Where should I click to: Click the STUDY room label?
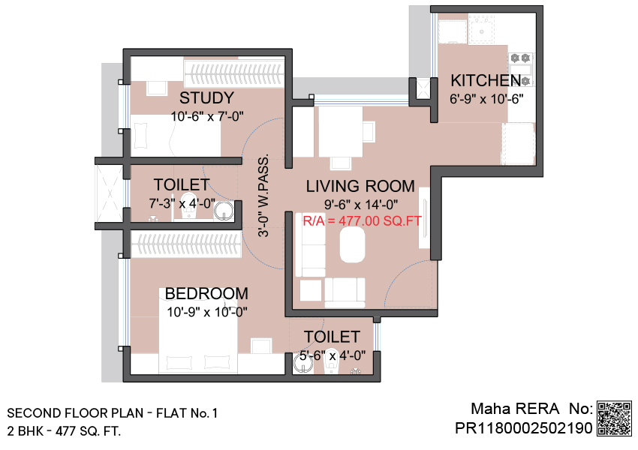pyautogui.click(x=206, y=98)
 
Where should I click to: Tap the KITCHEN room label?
pyautogui.click(x=486, y=80)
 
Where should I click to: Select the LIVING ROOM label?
pyautogui.click(x=360, y=186)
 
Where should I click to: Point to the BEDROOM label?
pyautogui.click(x=206, y=293)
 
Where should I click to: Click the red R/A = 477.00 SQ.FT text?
pyautogui.click(x=362, y=220)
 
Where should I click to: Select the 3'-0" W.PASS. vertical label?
pyautogui.click(x=263, y=195)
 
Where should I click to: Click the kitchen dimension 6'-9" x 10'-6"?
pyautogui.click(x=486, y=99)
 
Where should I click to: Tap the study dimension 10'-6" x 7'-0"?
pyautogui.click(x=206, y=117)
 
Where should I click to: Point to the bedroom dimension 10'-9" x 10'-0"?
pyautogui.click(x=207, y=312)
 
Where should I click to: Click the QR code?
pyautogui.click(x=615, y=418)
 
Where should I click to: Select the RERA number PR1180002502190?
pyautogui.click(x=524, y=428)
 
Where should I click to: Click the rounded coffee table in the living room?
pyautogui.click(x=352, y=244)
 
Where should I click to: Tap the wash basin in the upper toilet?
pyautogui.click(x=224, y=211)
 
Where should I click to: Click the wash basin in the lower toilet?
pyautogui.click(x=303, y=364)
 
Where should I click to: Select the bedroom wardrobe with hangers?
pyautogui.click(x=186, y=244)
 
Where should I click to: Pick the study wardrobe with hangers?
pyautogui.click(x=234, y=73)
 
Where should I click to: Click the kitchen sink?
pyautogui.click(x=481, y=29)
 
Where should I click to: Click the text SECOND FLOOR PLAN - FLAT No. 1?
pyautogui.click(x=113, y=413)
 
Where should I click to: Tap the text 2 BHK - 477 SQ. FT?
pyautogui.click(x=64, y=431)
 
